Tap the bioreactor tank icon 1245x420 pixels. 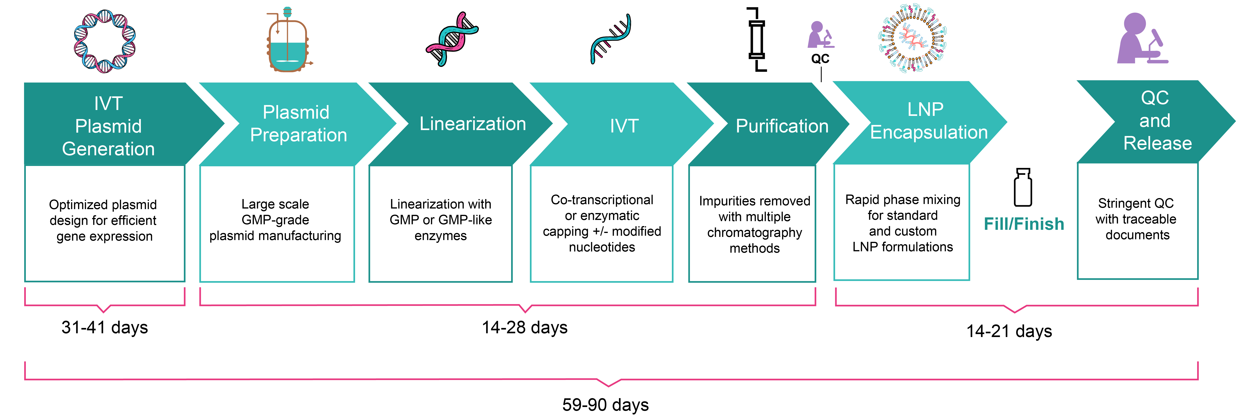288,41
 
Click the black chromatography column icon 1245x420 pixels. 756,40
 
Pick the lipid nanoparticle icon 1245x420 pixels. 912,39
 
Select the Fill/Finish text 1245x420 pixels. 1024,224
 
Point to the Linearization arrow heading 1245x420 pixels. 472,124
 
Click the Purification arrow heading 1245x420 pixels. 782,126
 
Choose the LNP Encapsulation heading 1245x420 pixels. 928,121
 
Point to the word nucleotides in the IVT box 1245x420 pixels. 602,247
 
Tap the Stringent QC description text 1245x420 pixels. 1136,219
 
